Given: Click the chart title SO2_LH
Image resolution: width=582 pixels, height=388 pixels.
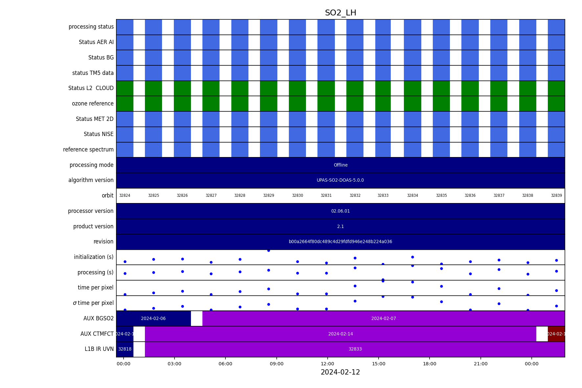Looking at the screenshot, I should click(340, 13).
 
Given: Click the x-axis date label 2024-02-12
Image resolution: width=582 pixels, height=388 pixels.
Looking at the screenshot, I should click(340, 372).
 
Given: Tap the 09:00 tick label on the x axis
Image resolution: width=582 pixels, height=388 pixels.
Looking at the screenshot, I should click(276, 364).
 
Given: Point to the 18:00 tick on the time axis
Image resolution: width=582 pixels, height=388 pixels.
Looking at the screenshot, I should click(430, 364).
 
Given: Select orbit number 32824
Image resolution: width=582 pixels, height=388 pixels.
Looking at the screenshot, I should click(125, 196).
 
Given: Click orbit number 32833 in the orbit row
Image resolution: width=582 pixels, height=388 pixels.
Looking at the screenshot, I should click(383, 196).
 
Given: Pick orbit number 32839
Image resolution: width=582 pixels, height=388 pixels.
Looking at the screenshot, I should click(556, 196).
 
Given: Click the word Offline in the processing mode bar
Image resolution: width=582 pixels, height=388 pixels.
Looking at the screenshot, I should click(340, 165).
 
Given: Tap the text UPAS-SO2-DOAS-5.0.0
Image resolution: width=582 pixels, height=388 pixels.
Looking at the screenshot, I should click(340, 180).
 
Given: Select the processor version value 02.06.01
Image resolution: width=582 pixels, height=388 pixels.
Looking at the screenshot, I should click(340, 211).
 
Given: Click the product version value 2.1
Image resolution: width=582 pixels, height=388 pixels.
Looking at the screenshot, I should click(340, 227).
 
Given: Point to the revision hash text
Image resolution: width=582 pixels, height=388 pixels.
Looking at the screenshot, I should click(340, 242).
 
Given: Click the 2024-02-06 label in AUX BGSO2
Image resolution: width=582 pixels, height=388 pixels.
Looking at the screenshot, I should click(153, 319).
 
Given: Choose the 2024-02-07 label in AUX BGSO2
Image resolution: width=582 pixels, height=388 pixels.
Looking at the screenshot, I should click(384, 319).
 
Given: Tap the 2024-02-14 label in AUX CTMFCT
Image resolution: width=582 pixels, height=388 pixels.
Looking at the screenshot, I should click(340, 334).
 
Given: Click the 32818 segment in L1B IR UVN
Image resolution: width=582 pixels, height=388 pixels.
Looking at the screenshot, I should click(125, 349).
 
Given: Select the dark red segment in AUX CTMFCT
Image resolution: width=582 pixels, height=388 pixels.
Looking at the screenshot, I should click(556, 334).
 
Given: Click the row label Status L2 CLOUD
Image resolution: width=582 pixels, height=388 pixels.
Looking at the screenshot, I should click(91, 88).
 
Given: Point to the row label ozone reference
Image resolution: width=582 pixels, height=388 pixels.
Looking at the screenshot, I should click(93, 104).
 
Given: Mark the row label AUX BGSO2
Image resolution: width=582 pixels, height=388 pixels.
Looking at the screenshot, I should click(99, 319).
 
